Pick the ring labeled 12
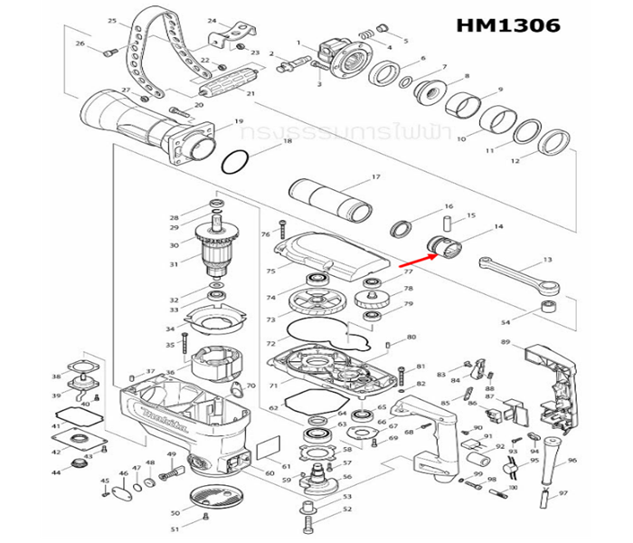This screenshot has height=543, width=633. [x=553, y=142]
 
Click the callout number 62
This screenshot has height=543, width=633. [x=272, y=408]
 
